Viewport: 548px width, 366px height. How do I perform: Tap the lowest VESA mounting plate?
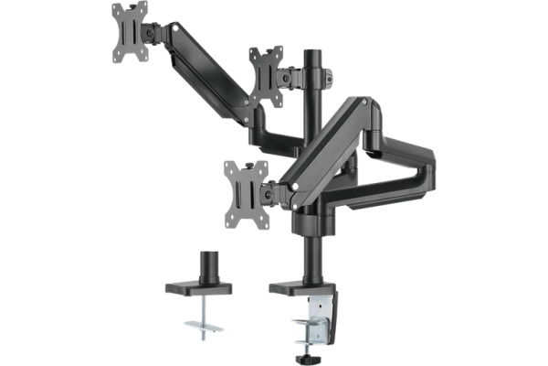(x=245, y=189)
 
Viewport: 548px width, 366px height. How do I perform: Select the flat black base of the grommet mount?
(x=198, y=288)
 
